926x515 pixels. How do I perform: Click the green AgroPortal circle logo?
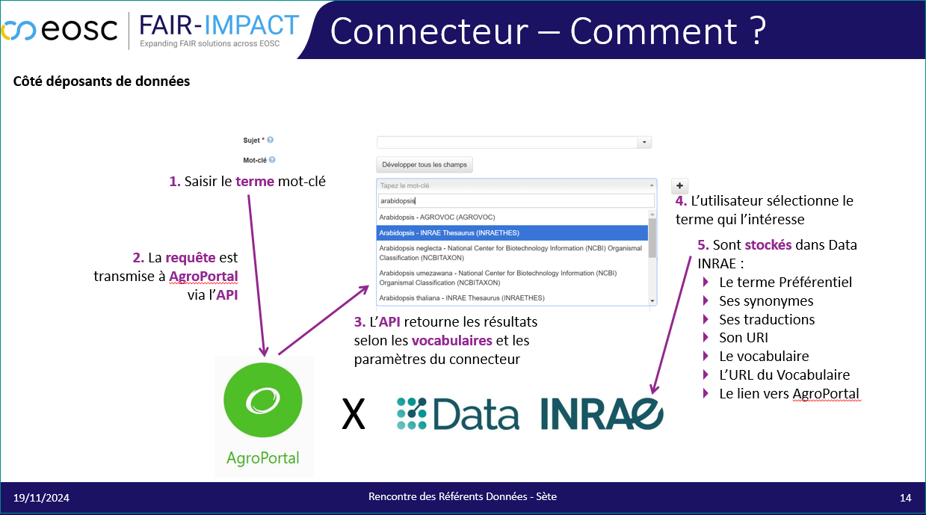tap(263, 400)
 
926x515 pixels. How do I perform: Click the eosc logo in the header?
tap(59, 30)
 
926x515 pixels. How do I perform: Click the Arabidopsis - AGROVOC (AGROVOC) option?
tap(437, 217)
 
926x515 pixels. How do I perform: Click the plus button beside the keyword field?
tap(679, 186)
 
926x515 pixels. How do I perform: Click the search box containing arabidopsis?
tap(516, 201)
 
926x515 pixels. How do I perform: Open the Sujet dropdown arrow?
tap(644, 142)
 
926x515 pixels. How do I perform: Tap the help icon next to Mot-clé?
tap(272, 159)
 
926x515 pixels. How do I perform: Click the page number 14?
tap(905, 498)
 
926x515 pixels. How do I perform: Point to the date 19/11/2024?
tap(41, 498)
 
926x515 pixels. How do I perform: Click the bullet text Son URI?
tap(744, 338)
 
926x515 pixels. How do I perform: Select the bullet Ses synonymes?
tap(766, 301)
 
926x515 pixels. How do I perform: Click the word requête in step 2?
tap(190, 257)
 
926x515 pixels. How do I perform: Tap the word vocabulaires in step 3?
tap(452, 341)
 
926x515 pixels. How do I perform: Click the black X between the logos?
tap(354, 414)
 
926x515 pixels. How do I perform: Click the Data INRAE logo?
tap(530, 413)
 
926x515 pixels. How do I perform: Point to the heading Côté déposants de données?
tap(102, 81)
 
